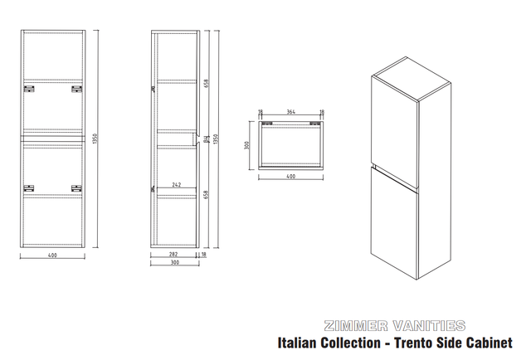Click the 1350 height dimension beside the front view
point(95,139)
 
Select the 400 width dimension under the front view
point(52,255)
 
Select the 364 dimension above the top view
point(291,111)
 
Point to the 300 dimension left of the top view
point(247,144)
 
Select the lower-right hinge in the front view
point(76,190)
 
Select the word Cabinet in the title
point(494,342)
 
